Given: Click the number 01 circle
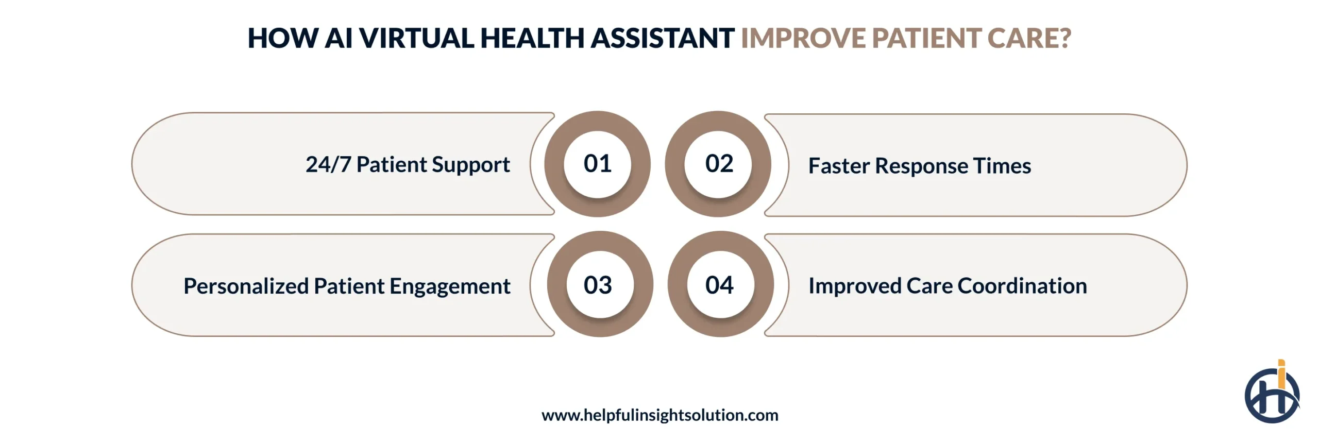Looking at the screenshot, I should tap(597, 164).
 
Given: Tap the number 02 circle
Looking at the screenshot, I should tap(719, 164).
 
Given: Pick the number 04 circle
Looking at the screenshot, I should tap(720, 285).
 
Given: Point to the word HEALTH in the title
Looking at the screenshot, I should tap(532, 38).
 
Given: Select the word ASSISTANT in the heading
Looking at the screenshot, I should tap(662, 38).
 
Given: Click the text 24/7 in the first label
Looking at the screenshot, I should tap(328, 165).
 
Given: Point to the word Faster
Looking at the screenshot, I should tap(838, 166).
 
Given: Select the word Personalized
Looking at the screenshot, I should tap(246, 286).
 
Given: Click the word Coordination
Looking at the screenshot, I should tap(1022, 286).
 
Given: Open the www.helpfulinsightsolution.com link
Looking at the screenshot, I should tap(659, 415).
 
